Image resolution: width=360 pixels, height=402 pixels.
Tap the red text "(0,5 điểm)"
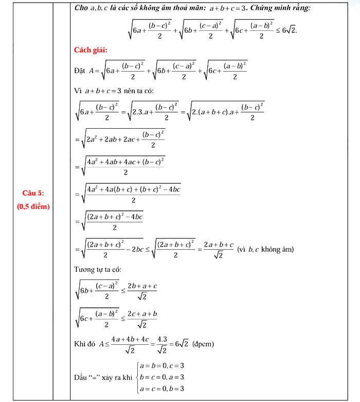tap(33, 206)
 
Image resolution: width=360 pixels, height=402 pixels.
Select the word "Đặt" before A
tap(80, 71)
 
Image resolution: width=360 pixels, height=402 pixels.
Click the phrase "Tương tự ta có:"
tap(98, 269)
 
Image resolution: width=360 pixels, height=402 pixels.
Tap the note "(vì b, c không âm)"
tap(265, 249)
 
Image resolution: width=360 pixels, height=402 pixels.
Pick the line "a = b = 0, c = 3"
tap(162, 366)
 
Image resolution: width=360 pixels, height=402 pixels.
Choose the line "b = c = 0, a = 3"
tap(162, 377)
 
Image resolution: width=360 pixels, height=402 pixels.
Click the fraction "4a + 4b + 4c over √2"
tap(131, 343)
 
